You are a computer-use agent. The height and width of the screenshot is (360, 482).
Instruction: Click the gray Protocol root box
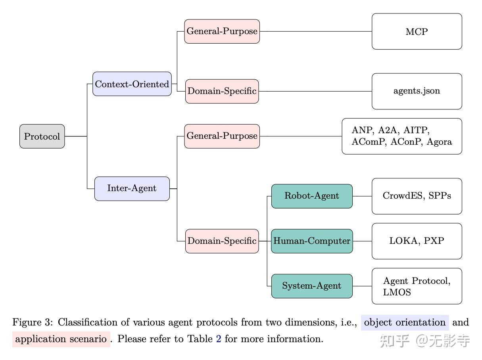coord(42,136)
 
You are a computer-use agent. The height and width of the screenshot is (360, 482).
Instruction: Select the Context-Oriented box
coord(132,84)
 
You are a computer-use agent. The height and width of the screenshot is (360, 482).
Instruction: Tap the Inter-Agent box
coord(132,189)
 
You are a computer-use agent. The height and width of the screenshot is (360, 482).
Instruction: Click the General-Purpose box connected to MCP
coord(222,31)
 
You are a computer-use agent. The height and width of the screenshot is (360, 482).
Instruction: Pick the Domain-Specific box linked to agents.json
coord(222,91)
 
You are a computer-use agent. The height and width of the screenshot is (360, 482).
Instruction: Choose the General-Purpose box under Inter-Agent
coord(222,136)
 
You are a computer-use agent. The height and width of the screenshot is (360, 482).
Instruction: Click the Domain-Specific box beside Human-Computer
coord(222,241)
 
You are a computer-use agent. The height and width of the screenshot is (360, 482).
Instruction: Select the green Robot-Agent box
coord(312,196)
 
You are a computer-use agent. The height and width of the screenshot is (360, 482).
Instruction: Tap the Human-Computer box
coord(312,241)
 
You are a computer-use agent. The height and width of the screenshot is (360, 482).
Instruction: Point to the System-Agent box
coord(312,286)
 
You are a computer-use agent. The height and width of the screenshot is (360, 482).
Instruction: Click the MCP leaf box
coord(417,31)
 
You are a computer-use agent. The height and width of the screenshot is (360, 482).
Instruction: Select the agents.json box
coord(417,91)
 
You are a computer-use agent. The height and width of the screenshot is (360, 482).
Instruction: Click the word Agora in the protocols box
coord(439,142)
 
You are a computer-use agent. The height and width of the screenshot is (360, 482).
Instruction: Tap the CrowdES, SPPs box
coord(417,196)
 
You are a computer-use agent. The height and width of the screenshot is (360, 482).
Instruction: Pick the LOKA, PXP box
coord(417,241)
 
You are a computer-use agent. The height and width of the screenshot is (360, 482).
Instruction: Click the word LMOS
coord(397,292)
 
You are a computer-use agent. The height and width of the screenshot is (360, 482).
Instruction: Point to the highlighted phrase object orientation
coord(405,322)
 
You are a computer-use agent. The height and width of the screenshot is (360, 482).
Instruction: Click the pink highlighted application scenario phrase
coord(61,339)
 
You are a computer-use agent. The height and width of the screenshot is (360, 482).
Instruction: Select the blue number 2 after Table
coord(219,339)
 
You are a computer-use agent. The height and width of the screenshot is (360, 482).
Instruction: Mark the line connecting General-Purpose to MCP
coord(316,31)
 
